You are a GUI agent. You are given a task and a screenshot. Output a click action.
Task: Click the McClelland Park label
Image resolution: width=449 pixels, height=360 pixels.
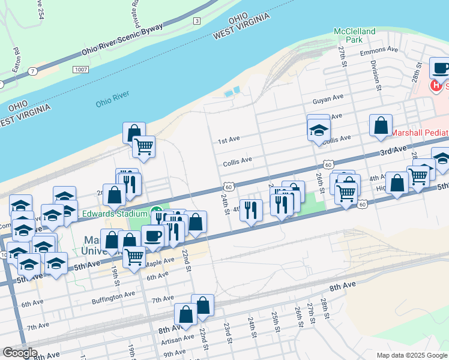(x=355, y=35)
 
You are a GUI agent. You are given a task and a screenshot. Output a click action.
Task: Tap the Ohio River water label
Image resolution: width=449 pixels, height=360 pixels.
(x=112, y=99)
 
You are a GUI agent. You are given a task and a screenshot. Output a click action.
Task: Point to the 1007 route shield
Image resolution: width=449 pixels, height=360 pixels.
(x=82, y=70)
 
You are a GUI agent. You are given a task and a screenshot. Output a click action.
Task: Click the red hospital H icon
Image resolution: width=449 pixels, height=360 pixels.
(x=435, y=86)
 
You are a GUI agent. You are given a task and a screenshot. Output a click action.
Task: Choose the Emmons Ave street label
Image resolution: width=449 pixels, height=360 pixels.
(x=384, y=50)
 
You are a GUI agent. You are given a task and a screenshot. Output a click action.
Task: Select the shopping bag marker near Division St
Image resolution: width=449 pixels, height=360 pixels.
(x=381, y=126)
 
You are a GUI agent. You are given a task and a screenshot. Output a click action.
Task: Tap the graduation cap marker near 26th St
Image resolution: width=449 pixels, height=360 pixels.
(x=319, y=129)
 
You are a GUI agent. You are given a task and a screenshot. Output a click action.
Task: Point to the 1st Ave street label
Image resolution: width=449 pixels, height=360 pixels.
(x=229, y=140)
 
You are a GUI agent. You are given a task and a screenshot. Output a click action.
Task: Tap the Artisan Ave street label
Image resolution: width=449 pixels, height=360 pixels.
(x=178, y=338)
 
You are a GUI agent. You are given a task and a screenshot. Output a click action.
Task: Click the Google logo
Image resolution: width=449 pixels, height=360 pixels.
(x=20, y=353)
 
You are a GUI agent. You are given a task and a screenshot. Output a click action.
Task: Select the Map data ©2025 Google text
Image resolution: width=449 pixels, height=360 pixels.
(x=411, y=355)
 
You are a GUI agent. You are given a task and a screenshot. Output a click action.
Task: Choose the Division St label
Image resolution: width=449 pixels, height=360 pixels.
(x=376, y=75)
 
